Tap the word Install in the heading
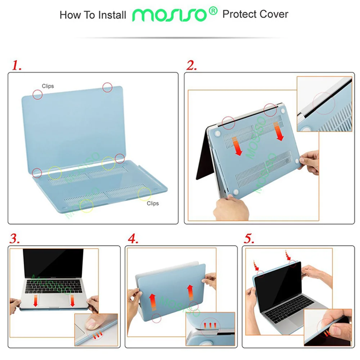coord(112,15)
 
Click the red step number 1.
coord(17,65)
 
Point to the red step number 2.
coord(191,65)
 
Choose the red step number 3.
coord(15,239)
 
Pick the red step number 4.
coord(133,239)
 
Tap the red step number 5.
coord(249,239)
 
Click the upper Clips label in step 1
coord(48,86)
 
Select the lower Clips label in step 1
coord(153,203)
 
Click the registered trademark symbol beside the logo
coord(213,11)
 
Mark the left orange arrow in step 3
coord(35,301)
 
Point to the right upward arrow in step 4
coord(190,292)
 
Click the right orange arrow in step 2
coord(279,131)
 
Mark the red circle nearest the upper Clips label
coord(37,94)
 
